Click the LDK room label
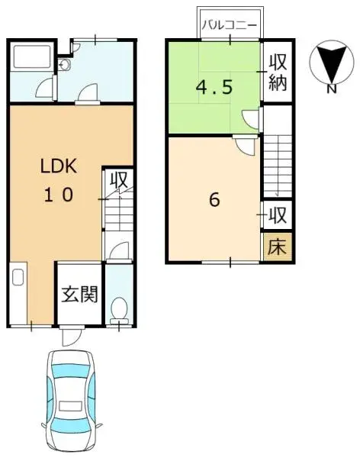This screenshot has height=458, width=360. pos(59,166)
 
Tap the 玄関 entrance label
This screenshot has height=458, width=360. pos(79,294)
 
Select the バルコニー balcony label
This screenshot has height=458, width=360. pos(230,25)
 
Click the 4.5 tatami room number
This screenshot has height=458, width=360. pos(214,87)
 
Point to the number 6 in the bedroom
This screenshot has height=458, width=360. pos(214,200)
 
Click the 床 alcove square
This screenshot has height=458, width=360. pos(278,247)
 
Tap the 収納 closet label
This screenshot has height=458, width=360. pos(278,73)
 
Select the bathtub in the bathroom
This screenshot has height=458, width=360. pos(32,57)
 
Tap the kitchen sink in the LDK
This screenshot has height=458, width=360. pos(18,277)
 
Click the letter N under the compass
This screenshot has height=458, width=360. pos(331,89)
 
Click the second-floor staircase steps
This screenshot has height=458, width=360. pos(278,166)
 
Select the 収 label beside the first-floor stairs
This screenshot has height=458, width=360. pos(119,180)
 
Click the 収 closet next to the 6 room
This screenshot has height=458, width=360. pos(277,215)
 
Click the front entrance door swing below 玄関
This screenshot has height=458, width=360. pos(71,336)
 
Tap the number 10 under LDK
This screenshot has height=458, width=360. pos(59,195)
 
